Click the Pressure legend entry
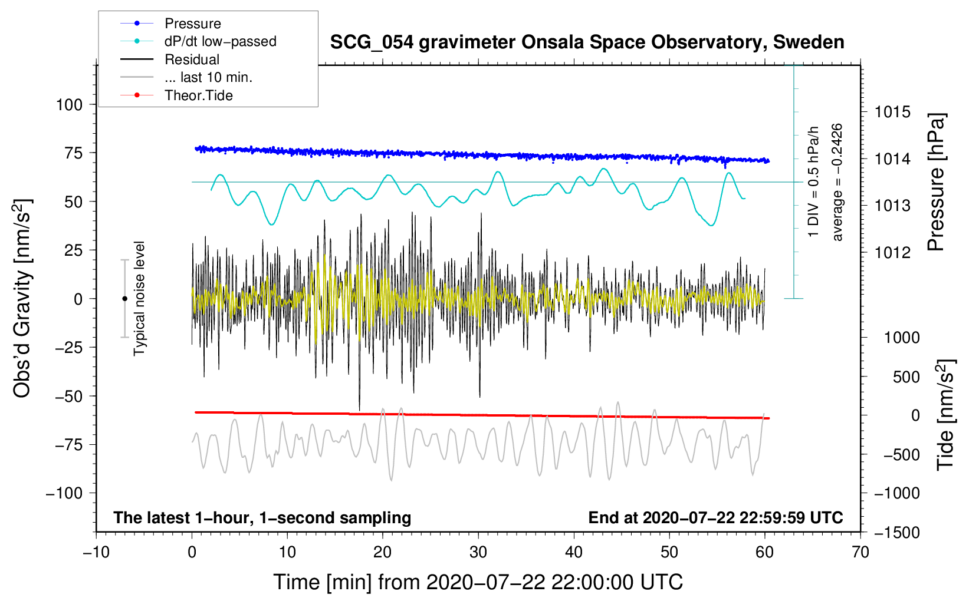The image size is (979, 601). click(x=170, y=23)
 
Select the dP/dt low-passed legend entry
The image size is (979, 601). click(x=198, y=41)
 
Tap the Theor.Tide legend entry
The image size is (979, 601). click(x=176, y=95)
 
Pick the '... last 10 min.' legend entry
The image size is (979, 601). click(x=186, y=77)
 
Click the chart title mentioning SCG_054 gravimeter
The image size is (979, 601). click(x=587, y=42)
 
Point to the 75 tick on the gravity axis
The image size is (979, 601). click(x=73, y=153)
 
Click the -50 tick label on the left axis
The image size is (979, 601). click(x=68, y=396)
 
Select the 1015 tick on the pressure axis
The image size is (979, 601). click(x=892, y=113)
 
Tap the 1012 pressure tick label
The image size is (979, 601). click(x=892, y=252)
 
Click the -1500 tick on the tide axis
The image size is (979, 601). click(x=897, y=533)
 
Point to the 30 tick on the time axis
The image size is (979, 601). click(x=478, y=553)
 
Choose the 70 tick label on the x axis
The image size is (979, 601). click(x=860, y=553)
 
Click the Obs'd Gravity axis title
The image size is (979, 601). click(x=22, y=298)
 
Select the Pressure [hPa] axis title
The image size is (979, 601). click(x=936, y=182)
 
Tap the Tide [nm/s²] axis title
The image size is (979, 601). click(x=945, y=415)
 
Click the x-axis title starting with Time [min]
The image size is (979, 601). click(x=478, y=582)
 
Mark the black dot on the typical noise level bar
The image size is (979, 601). click(x=124, y=299)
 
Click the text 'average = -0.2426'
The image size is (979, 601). click(x=836, y=182)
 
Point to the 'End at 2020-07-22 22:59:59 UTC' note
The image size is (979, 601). click(x=715, y=517)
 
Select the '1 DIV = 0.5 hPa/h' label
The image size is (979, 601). click(x=813, y=182)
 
